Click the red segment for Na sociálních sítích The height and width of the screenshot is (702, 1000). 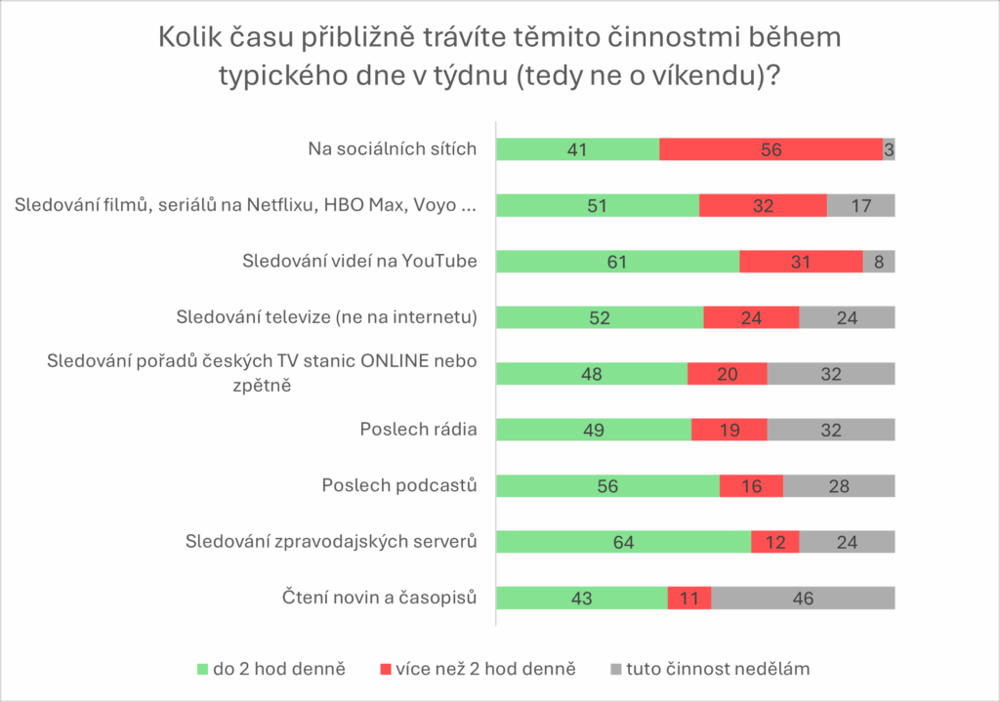[771, 149]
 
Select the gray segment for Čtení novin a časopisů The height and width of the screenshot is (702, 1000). [803, 599]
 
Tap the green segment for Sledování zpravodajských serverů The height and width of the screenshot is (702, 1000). [623, 542]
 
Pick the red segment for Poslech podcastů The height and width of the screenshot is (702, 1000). [751, 486]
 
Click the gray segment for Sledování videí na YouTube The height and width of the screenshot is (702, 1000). [879, 262]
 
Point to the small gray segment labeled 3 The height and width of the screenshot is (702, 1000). [889, 149]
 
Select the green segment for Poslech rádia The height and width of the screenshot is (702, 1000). [593, 430]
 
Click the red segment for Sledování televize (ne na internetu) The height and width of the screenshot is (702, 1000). [751, 317]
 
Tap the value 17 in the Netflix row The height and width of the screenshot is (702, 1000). [860, 206]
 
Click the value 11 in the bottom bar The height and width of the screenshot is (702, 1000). [688, 599]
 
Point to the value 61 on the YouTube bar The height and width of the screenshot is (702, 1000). [617, 262]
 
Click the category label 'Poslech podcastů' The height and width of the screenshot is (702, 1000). [399, 485]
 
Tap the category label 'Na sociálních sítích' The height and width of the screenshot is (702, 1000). [392, 149]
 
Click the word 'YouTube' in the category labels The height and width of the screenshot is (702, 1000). [443, 262]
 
